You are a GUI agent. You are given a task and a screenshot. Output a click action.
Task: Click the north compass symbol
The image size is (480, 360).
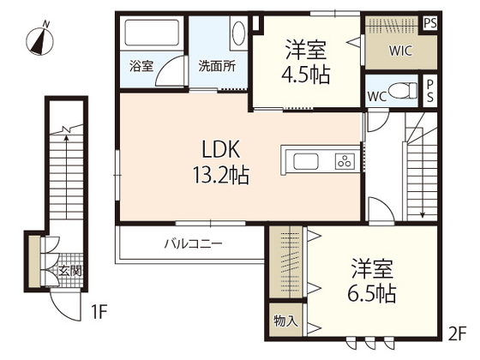39,39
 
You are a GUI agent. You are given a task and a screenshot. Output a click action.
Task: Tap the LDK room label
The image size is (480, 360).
221,149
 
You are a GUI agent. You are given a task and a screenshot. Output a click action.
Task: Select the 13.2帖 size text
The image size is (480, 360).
220,175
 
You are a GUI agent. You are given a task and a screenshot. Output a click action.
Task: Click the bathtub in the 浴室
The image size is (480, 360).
152,33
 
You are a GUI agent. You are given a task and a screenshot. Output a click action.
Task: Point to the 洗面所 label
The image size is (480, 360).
217,66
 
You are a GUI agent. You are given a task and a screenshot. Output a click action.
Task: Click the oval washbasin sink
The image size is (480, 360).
238,33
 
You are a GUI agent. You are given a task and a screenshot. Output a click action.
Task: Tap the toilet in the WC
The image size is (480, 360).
402,91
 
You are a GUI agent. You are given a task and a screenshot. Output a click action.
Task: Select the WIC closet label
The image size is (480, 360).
401,51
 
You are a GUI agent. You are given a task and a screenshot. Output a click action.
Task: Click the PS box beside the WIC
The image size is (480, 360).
430,23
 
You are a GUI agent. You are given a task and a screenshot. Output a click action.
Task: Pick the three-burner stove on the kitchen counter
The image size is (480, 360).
345,161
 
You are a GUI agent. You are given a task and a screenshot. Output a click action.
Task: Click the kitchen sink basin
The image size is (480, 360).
306,161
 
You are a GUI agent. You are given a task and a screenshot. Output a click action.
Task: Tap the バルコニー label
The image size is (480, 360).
193,244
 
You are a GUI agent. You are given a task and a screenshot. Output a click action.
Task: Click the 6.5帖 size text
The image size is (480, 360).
372,293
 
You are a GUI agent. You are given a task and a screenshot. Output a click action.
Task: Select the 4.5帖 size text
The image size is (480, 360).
306,75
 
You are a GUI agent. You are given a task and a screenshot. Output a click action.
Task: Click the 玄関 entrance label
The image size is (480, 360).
70,271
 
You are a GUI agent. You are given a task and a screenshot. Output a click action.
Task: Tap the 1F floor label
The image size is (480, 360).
99,312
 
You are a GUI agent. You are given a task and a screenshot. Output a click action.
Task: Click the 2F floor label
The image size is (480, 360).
458,333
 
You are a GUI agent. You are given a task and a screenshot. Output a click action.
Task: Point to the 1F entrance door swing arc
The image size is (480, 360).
58,311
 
